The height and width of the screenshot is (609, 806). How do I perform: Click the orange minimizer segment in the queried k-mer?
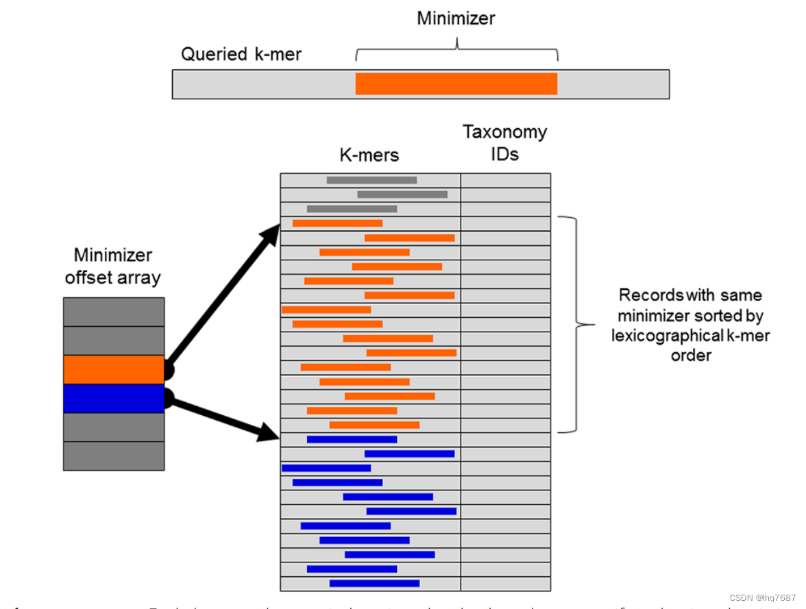(x=456, y=84)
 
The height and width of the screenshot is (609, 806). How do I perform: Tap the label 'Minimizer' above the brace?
(x=456, y=18)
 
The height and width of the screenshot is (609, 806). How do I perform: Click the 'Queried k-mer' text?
(x=241, y=54)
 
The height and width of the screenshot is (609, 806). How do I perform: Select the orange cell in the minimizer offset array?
(x=114, y=369)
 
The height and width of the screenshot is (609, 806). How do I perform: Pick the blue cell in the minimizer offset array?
(x=114, y=398)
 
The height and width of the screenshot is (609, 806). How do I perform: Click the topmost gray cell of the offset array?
(x=114, y=312)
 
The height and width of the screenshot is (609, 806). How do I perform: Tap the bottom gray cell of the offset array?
(x=114, y=456)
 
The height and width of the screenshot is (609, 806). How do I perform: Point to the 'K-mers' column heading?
(x=369, y=155)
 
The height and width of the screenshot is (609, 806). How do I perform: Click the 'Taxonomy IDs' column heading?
(x=504, y=142)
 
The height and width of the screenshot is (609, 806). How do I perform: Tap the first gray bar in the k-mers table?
(x=371, y=180)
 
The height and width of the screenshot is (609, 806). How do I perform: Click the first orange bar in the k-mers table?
(x=337, y=223)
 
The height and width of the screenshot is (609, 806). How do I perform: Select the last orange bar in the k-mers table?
(x=374, y=425)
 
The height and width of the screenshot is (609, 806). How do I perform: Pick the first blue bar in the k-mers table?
(x=352, y=439)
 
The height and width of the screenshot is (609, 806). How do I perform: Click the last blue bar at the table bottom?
(x=374, y=584)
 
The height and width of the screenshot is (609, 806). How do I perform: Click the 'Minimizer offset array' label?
(x=112, y=266)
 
